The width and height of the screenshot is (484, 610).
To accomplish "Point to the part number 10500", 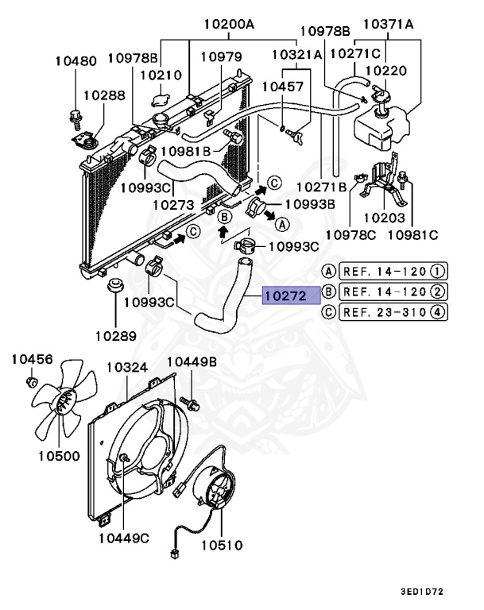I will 57,456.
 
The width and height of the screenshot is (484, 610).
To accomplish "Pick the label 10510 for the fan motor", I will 222,546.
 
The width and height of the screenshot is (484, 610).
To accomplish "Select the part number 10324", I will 127,368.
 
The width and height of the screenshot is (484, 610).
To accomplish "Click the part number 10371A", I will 388,24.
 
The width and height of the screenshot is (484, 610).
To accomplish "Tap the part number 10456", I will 32,360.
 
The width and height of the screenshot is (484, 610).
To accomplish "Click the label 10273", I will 173,204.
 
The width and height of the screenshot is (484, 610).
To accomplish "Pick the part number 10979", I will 221,57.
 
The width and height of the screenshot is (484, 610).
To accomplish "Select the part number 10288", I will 104,95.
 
